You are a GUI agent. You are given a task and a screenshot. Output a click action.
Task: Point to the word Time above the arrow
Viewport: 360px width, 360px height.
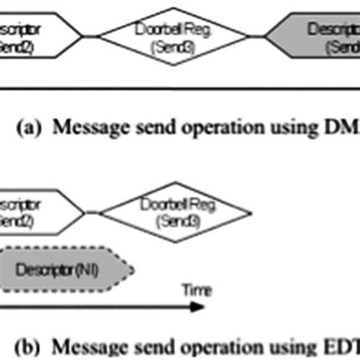point(193,289)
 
